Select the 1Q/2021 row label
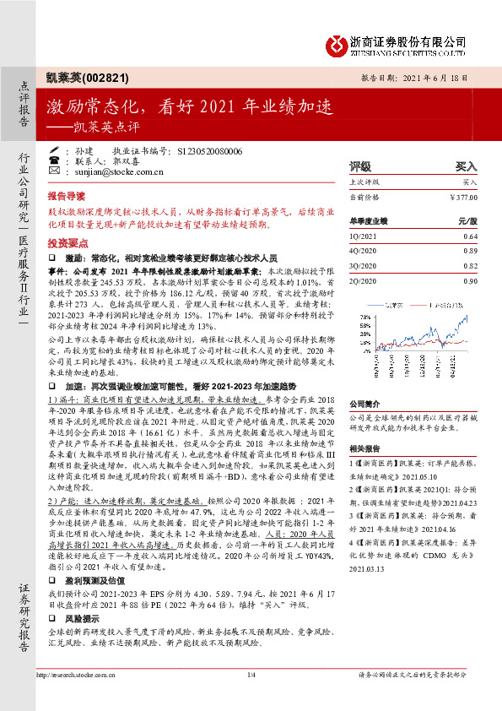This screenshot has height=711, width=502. (364, 236)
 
